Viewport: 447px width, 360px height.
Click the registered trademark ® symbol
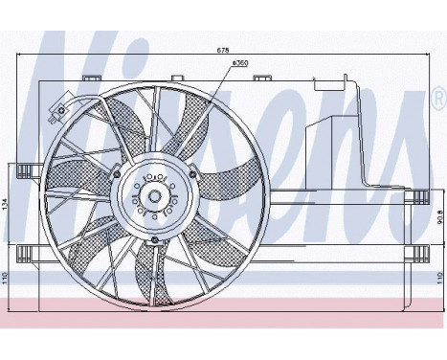pos(437,97)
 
